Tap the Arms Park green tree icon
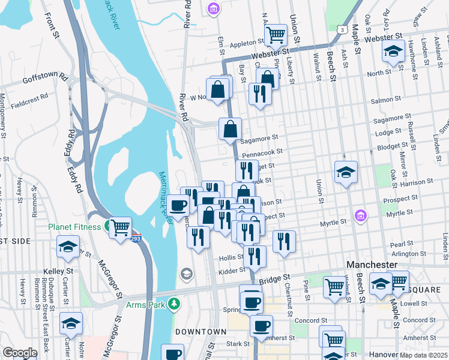click(174, 304)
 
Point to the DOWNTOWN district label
click(200, 332)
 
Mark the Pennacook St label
click(262, 154)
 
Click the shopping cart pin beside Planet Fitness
click(121, 227)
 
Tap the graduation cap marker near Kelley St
click(68, 246)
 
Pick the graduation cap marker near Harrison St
click(346, 172)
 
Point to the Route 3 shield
click(340, 28)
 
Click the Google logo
click(19, 352)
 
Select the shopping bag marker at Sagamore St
click(231, 128)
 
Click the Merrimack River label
click(166, 195)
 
